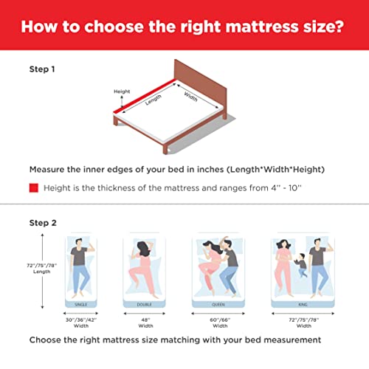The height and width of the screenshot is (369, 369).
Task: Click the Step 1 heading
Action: pyautogui.click(x=42, y=69)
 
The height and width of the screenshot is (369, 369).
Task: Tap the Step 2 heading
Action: pyautogui.click(x=43, y=223)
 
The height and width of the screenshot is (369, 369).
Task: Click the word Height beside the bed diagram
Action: pyautogui.click(x=122, y=92)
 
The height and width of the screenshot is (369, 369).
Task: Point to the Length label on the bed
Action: pyautogui.click(x=153, y=100)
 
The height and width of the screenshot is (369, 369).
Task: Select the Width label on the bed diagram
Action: pyautogui.click(x=190, y=97)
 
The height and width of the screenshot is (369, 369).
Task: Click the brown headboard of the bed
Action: pyautogui.click(x=200, y=83)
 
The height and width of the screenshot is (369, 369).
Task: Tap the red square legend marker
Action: pyautogui.click(x=34, y=188)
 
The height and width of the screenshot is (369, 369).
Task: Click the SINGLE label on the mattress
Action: pyautogui.click(x=80, y=305)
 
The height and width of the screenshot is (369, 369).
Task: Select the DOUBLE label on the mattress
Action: pyautogui.click(x=144, y=305)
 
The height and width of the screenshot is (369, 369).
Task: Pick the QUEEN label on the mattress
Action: pyautogui.click(x=218, y=305)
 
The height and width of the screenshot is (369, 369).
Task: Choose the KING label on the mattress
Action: pyautogui.click(x=303, y=305)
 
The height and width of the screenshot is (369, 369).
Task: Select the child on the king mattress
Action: pyautogui.click(x=302, y=265)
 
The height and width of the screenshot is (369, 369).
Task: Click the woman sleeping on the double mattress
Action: pyautogui.click(x=143, y=268)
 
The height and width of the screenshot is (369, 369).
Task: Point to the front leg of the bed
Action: pyautogui.click(x=165, y=148)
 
